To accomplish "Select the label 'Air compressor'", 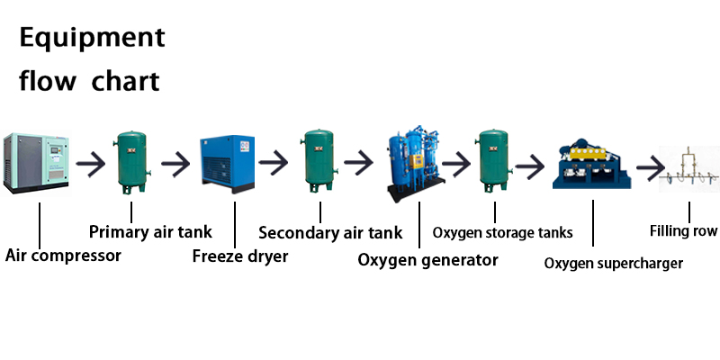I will coord(63,255).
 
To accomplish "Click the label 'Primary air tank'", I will coord(151,232).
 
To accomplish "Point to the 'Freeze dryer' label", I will coord(240,256).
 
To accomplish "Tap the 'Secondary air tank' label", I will coord(330,233).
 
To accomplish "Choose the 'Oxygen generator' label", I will coord(427,260).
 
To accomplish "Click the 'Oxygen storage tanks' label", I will coord(502,233).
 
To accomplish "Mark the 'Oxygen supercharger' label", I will coord(614,264).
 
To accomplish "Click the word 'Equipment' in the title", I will coord(93,38).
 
